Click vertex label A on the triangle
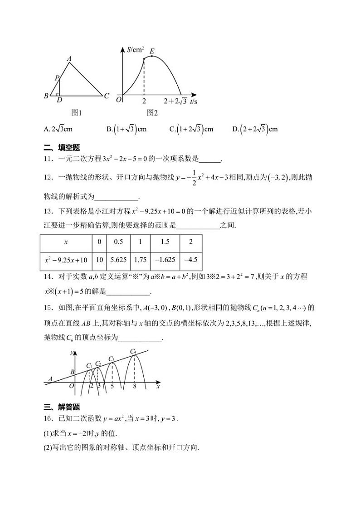tap(69, 58)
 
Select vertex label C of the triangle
tap(106, 96)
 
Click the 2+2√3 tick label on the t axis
tap(175, 101)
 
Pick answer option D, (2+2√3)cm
tap(255, 129)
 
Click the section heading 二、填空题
tap(62, 147)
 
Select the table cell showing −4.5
tap(190, 260)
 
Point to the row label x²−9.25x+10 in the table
tap(66, 260)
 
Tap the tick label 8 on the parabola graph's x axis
tap(135, 386)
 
